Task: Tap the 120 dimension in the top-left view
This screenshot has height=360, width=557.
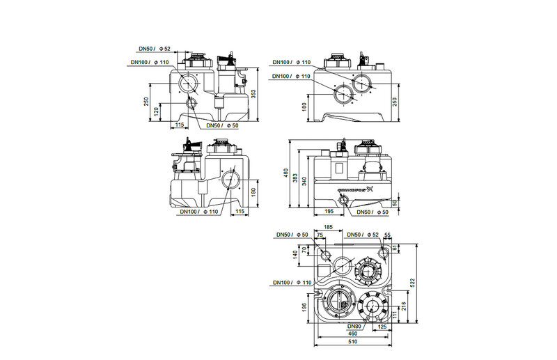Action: (157, 110)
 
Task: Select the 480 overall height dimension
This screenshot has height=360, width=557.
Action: (286, 173)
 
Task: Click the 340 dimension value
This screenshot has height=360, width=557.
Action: (307, 183)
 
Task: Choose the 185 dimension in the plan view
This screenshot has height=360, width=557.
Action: (329, 228)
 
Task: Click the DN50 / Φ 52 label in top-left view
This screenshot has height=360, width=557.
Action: (154, 49)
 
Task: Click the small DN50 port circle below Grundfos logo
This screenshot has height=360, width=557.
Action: (343, 201)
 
